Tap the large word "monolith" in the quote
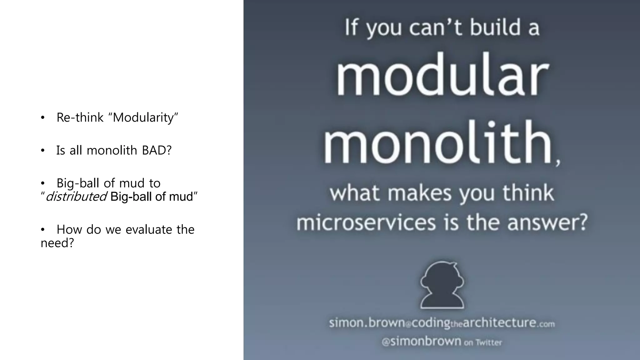coord(437,142)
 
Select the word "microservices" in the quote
coord(366,222)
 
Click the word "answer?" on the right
coord(547,222)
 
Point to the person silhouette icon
coord(442,285)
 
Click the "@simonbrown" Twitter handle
coord(421,341)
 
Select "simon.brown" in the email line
coord(367,322)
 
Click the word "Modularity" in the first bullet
coord(145,118)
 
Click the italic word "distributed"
coord(76,197)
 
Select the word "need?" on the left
coord(57,243)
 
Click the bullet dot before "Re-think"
coord(43,118)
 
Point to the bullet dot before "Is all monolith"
coord(43,151)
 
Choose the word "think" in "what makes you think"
coord(528,193)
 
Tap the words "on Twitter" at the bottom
coord(483,342)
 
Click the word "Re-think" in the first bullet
coord(80,118)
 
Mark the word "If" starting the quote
coord(351,27)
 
